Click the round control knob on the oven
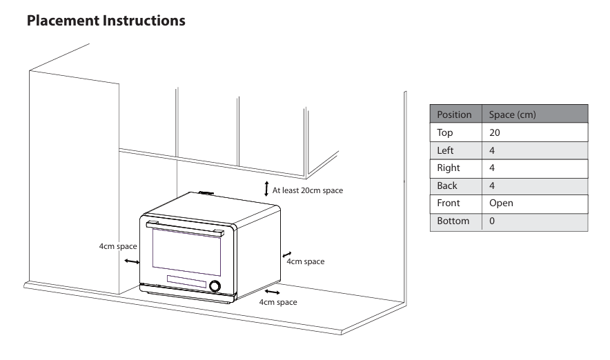pos(216,286)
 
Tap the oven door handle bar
pos(187,229)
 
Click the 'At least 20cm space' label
pos(308,190)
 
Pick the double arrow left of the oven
pos(131,261)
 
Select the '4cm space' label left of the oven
pos(117,246)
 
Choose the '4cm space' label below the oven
pos(277,303)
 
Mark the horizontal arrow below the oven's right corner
pos(273,293)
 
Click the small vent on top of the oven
pos(205,193)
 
